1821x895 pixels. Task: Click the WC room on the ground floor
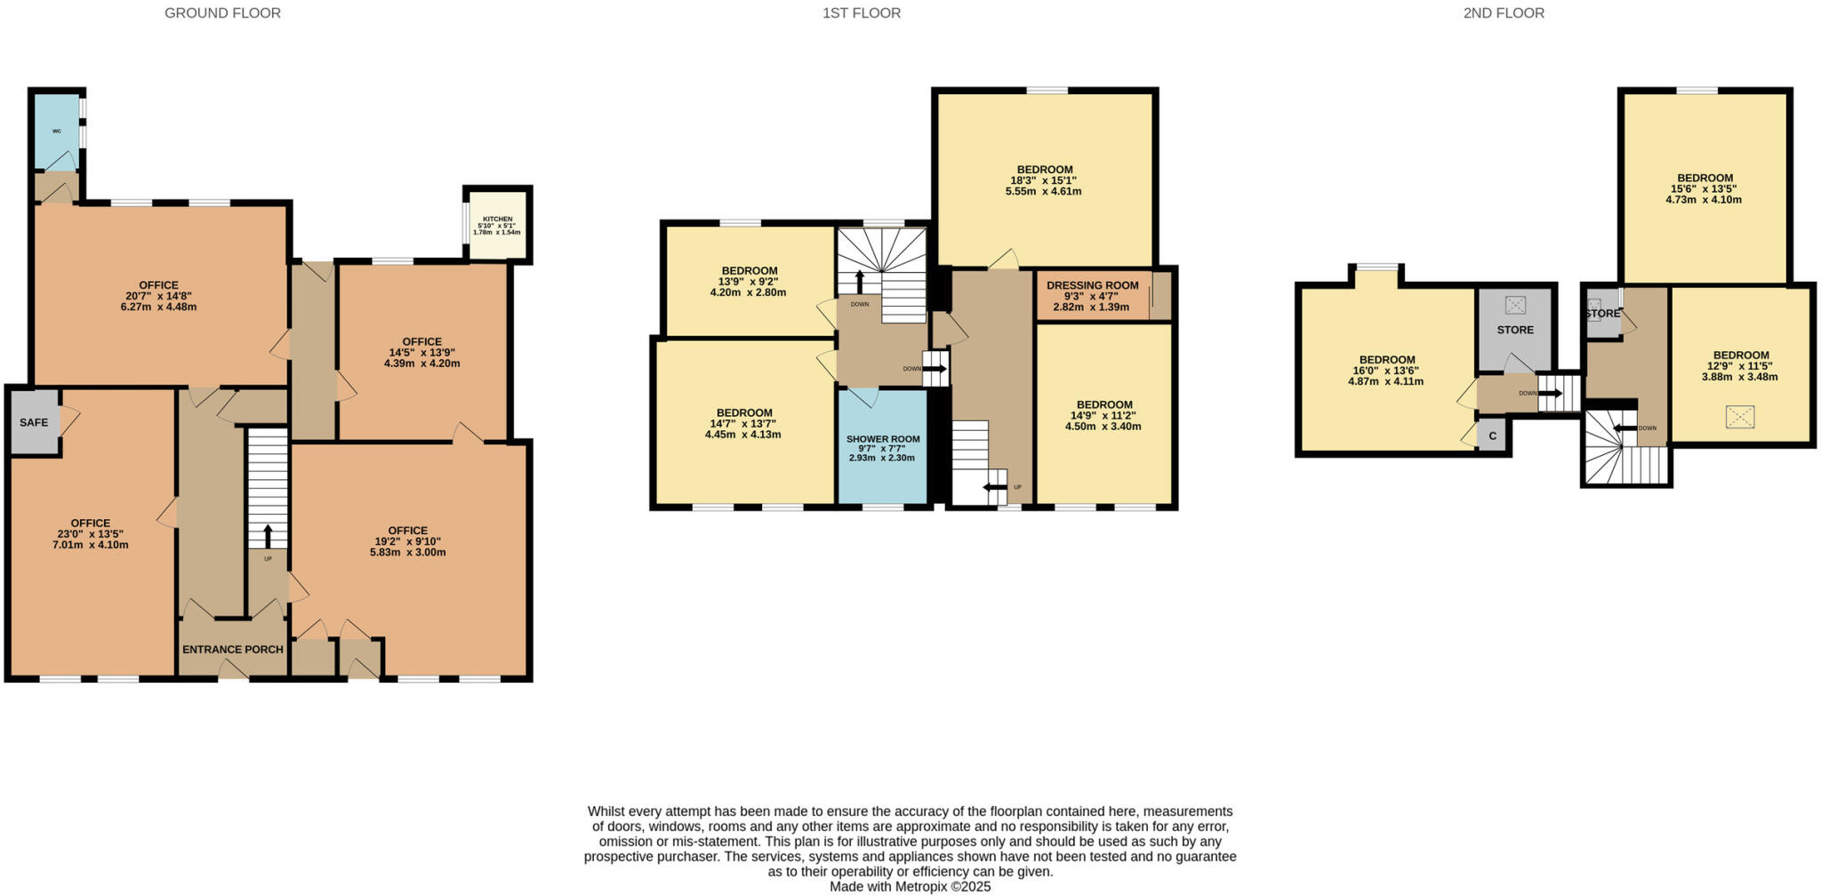57,132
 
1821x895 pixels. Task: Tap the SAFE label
34,422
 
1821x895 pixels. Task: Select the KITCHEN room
497,225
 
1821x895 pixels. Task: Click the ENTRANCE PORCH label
233,650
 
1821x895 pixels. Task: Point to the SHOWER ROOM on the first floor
883,448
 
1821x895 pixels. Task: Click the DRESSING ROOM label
1092,296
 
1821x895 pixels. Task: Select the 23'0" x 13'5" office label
91,533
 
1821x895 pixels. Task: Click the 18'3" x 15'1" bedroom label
1045,180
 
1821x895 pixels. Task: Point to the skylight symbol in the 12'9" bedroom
1740,417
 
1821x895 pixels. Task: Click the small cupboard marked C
1493,436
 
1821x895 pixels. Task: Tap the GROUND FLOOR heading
222,13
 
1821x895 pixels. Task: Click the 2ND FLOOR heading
1504,13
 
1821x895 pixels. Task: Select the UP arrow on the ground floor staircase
267,537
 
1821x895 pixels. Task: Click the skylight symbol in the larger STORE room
1515,305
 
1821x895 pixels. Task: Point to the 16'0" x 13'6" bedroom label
1386,371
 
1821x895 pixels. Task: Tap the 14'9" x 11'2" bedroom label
1104,415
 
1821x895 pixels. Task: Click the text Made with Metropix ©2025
910,886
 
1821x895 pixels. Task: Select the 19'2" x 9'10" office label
407,541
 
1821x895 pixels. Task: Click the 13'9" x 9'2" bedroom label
749,282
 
